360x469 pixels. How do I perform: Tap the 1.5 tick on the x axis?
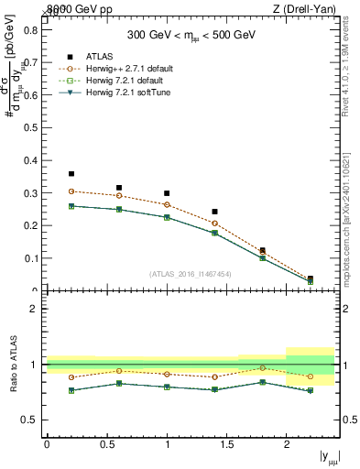pyautogui.click(x=226, y=444)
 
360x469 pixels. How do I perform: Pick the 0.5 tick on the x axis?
pyautogui.click(x=106, y=444)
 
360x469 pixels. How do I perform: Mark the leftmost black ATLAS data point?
pyautogui.click(x=71, y=173)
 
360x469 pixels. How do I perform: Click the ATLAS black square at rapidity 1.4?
pyautogui.click(x=214, y=212)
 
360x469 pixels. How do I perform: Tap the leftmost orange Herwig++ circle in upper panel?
pyautogui.click(x=71, y=191)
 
